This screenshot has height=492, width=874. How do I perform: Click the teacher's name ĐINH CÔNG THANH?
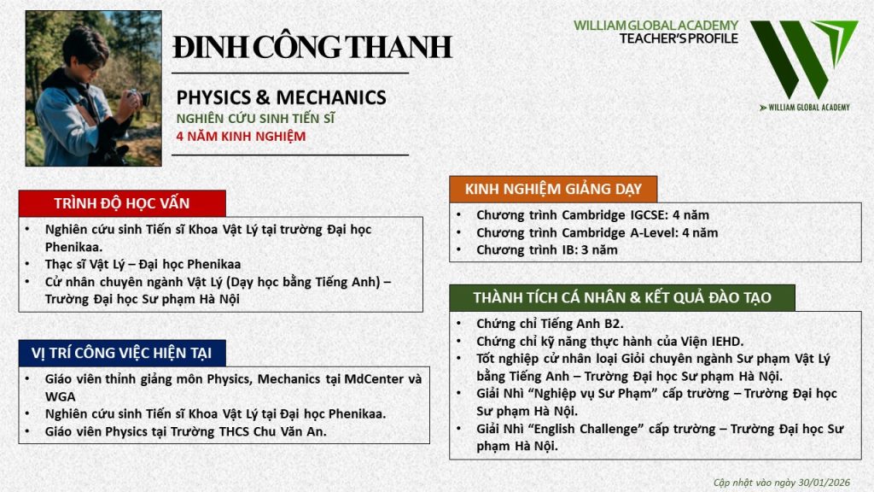[312, 46]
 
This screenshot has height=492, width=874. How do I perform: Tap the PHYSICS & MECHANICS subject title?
[281, 97]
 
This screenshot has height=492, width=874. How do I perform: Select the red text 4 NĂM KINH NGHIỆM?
[241, 136]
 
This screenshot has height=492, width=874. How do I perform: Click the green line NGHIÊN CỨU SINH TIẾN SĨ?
[255, 118]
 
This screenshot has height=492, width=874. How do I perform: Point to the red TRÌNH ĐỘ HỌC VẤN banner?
[122, 203]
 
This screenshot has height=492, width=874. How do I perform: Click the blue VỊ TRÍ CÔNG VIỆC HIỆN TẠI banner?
[122, 353]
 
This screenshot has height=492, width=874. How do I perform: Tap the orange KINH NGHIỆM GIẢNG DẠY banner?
[553, 189]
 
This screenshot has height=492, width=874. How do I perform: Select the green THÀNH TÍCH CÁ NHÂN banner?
[622, 297]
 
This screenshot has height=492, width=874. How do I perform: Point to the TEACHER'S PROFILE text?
[679, 38]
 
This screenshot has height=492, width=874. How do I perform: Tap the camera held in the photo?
[138, 98]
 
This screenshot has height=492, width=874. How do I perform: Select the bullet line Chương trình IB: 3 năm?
[547, 250]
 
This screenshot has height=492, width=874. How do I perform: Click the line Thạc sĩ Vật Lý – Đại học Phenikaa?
[143, 264]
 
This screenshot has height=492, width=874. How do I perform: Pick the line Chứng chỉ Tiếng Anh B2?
[550, 324]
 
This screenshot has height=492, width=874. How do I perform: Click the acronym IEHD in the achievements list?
[726, 341]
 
